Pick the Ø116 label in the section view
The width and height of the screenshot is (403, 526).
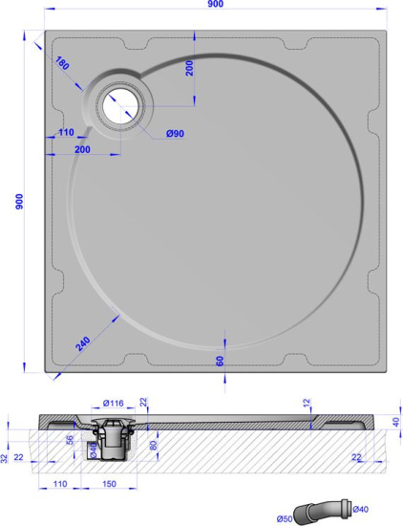point(114,402)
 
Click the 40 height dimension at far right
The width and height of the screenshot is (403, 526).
point(394,422)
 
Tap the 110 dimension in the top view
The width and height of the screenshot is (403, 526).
point(65,132)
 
